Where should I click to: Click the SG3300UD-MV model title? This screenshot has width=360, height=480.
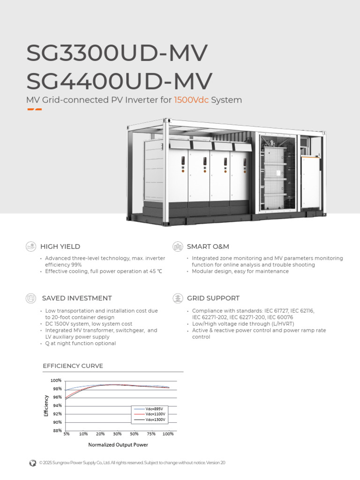117,53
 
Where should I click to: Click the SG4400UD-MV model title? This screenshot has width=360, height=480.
120,81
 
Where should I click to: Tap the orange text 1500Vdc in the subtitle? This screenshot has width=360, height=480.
191,100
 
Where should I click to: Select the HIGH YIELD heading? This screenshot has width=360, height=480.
60,247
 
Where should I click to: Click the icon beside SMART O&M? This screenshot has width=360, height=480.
178,247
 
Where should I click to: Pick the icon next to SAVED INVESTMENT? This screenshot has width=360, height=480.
31,298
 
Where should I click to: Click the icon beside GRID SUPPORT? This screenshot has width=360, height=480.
178,298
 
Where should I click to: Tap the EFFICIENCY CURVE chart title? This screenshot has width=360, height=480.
73,366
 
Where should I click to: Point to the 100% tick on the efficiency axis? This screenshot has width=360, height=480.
56,381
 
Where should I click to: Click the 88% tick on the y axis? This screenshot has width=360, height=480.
57,431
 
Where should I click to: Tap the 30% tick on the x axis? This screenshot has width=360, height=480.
117,434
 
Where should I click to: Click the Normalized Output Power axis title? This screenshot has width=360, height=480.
118,445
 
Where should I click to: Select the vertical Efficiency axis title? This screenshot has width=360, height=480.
46,406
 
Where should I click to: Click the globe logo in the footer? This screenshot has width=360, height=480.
32,463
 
